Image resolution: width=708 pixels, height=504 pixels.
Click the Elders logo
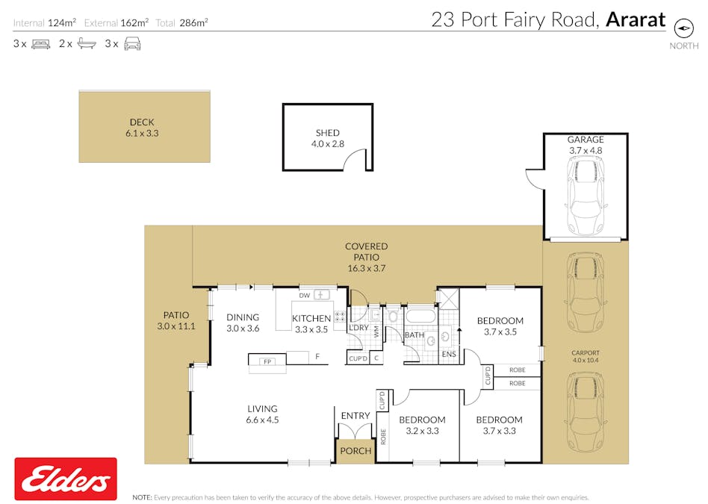[66, 479]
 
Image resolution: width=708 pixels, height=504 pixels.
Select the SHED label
[327, 138]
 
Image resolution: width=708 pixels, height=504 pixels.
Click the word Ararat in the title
[635, 19]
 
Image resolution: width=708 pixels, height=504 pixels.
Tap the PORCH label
[355, 451]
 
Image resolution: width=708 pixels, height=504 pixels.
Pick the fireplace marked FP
[267, 361]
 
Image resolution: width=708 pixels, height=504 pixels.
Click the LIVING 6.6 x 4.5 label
[262, 414]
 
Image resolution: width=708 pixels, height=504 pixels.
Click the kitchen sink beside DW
[321, 295]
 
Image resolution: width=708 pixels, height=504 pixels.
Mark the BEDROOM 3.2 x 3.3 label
[421, 425]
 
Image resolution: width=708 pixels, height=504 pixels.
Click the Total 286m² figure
[181, 23]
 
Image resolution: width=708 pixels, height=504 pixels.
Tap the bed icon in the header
[40, 44]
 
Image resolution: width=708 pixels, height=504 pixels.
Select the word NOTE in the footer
[142, 497]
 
